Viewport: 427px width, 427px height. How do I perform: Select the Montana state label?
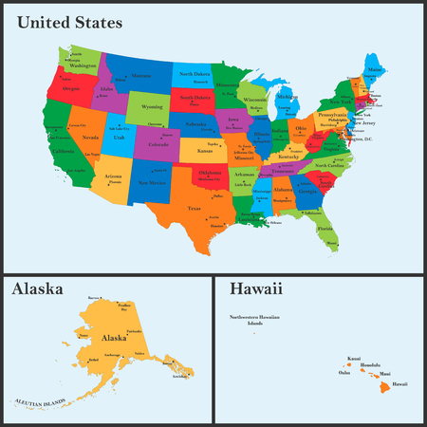[141, 76]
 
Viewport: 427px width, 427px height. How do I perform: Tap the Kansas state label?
[205, 151]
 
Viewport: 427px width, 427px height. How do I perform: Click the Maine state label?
[377, 69]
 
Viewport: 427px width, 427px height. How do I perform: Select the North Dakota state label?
[195, 74]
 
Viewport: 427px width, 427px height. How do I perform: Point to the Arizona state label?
[113, 176]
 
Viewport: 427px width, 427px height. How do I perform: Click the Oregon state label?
[72, 88]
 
